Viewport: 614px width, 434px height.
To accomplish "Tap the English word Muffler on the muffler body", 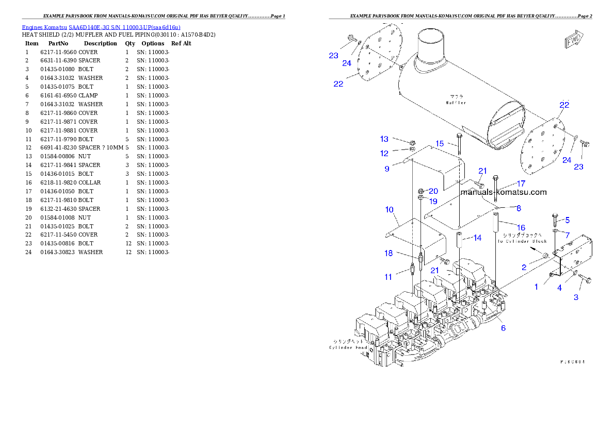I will [456, 103].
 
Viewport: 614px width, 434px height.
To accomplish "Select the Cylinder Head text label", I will [349, 347].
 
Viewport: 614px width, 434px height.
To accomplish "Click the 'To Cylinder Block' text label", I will [522, 241].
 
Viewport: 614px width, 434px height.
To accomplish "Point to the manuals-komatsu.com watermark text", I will [503, 192].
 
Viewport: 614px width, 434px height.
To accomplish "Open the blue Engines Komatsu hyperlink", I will [101, 27].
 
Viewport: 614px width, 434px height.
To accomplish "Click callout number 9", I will [387, 169].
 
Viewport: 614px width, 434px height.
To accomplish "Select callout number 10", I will [390, 210].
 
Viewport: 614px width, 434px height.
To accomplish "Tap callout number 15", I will [440, 143].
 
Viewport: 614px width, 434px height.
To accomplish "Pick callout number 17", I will [521, 183].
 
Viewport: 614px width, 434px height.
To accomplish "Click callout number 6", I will [503, 328].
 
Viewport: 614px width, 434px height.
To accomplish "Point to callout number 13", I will [384, 139].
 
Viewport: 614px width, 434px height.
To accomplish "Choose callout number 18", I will [389, 253].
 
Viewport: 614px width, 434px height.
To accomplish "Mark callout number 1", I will [536, 287].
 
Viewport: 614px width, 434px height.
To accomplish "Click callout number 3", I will [576, 297].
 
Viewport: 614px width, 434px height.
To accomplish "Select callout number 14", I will [477, 238].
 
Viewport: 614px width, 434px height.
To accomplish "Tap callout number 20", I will [433, 191].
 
